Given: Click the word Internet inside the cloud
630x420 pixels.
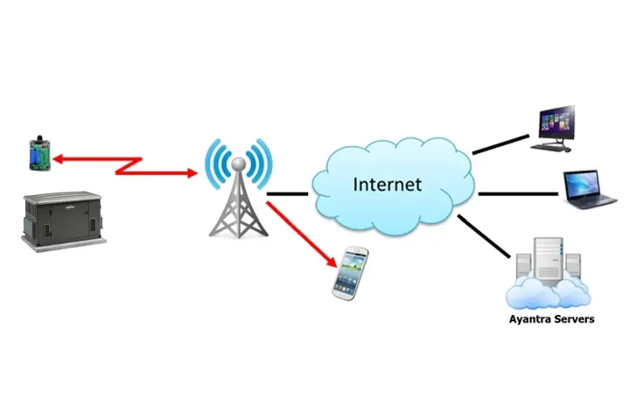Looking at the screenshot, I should pyautogui.click(x=387, y=185).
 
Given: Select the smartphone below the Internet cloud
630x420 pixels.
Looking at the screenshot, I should pyautogui.click(x=350, y=272).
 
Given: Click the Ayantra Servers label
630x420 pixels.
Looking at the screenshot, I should pyautogui.click(x=551, y=319).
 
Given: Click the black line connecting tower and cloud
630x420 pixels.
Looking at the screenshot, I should pyautogui.click(x=287, y=192).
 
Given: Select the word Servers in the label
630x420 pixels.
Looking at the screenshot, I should pyautogui.click(x=576, y=319).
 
